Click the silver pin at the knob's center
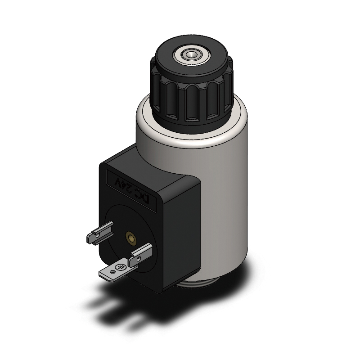point(190,54)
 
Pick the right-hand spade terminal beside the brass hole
point(140,255)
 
